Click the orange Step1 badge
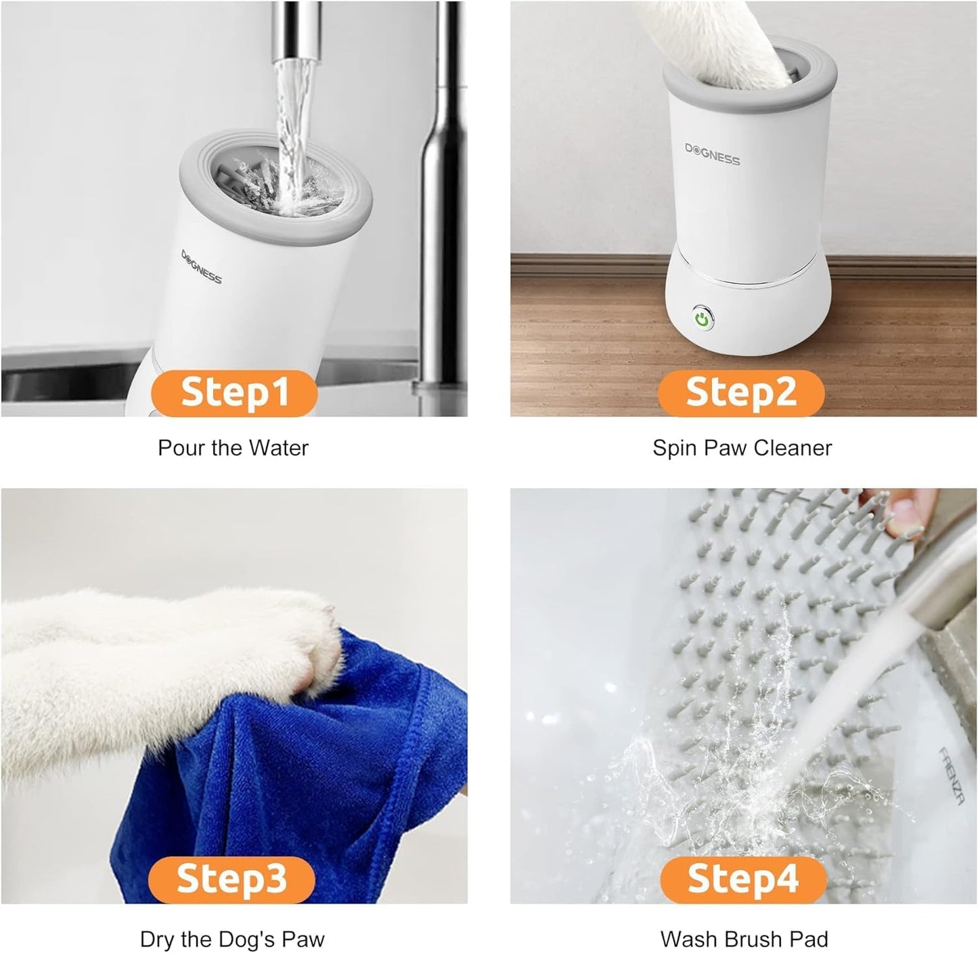[234, 393]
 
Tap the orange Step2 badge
[741, 393]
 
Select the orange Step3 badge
[231, 879]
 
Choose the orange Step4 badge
[743, 879]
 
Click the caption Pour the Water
[233, 448]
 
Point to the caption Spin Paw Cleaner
[742, 448]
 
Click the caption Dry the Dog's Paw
[232, 939]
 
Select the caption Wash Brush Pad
[744, 939]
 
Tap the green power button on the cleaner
[703, 318]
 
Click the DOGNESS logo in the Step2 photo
[712, 155]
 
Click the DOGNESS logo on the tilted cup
[201, 267]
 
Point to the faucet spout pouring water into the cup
[294, 34]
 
